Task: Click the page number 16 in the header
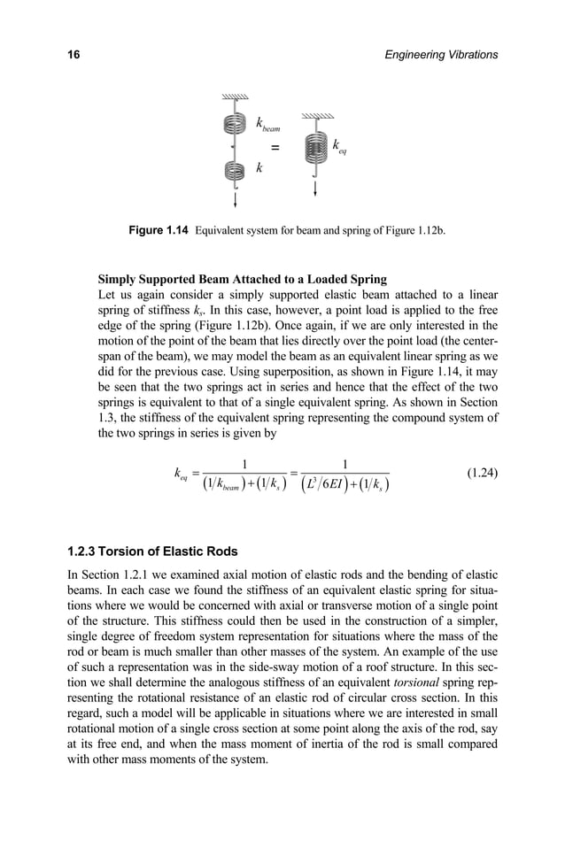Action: (x=74, y=55)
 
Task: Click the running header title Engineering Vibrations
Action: (x=437, y=55)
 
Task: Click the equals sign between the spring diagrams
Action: (x=275, y=147)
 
